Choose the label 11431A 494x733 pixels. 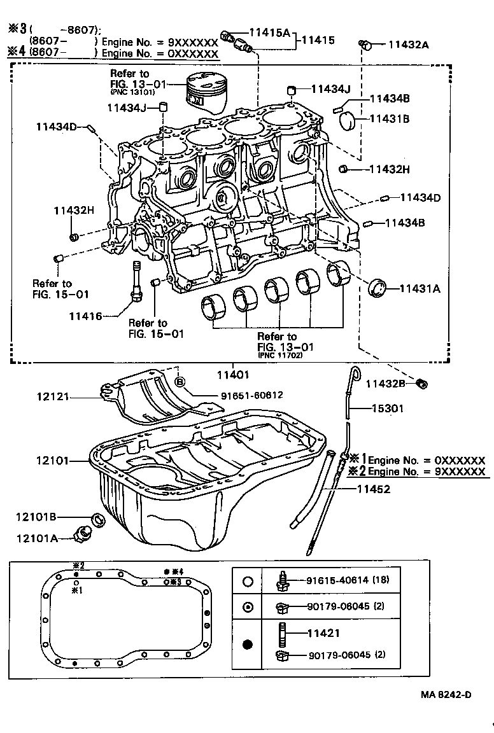pos(420,288)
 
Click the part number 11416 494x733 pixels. pos(85,316)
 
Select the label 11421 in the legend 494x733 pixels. pos(323,633)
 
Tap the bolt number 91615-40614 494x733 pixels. pos(338,580)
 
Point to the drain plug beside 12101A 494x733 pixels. pos(83,534)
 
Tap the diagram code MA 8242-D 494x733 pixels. pos(446,694)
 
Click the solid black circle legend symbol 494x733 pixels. pos(248,644)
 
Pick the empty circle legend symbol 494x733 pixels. pos(248,581)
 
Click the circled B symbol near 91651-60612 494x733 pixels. pos(180,382)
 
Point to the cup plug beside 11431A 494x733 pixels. pos(379,287)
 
